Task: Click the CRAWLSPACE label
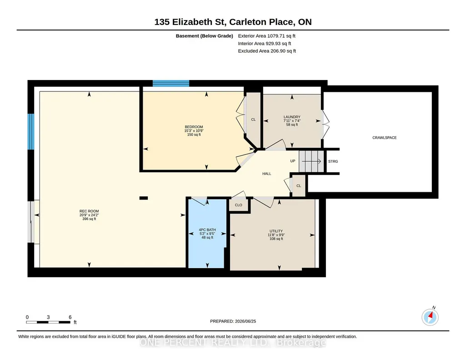pyautogui.click(x=384, y=138)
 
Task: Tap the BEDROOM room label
pyautogui.click(x=194, y=127)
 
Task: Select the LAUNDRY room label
pyautogui.click(x=292, y=117)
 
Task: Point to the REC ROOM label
pyautogui.click(x=89, y=211)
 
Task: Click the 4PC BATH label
pyautogui.click(x=207, y=230)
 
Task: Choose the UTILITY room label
pyautogui.click(x=276, y=231)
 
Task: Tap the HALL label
pyautogui.click(x=266, y=174)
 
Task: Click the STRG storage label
pyautogui.click(x=333, y=161)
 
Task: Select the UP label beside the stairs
pyautogui.click(x=293, y=161)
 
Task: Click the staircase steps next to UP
pyautogui.click(x=311, y=161)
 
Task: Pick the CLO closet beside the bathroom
pyautogui.click(x=238, y=205)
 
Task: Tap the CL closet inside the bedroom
pyautogui.click(x=253, y=120)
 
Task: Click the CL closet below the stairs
pyautogui.click(x=299, y=186)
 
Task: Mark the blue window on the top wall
pyautogui.click(x=171, y=84)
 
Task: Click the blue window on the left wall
pyautogui.click(x=31, y=131)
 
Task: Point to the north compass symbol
pyautogui.click(x=430, y=317)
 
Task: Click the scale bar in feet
pyautogui.click(x=48, y=322)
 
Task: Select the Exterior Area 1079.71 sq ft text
pyautogui.click(x=266, y=36)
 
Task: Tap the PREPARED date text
pyautogui.click(x=233, y=321)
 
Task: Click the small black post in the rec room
pyautogui.click(x=144, y=198)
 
